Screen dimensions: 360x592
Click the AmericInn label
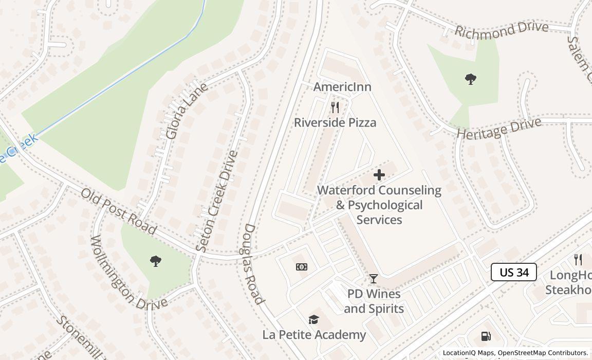tap(342, 87)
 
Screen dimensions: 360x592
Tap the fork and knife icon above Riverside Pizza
tap(335, 107)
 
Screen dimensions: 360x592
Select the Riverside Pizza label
tap(335, 122)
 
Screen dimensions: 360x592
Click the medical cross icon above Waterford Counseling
tap(379, 175)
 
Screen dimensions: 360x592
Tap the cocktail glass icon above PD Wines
tap(374, 279)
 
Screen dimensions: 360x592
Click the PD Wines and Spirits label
tap(374, 301)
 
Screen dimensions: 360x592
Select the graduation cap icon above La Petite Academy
tap(313, 320)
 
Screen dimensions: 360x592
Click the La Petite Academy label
tap(314, 335)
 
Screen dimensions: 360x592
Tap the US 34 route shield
tap(514, 272)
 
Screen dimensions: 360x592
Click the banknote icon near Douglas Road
tap(302, 266)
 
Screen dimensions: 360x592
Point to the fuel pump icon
tap(486, 336)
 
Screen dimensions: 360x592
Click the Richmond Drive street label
tap(501, 29)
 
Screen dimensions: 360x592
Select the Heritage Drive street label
tap(499, 128)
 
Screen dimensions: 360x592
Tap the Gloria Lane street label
tap(187, 111)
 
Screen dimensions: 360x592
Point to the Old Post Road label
tap(119, 211)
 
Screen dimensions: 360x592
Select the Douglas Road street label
tap(253, 264)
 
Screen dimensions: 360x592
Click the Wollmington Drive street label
tap(128, 273)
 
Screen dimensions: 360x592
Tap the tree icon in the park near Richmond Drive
tap(470, 79)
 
